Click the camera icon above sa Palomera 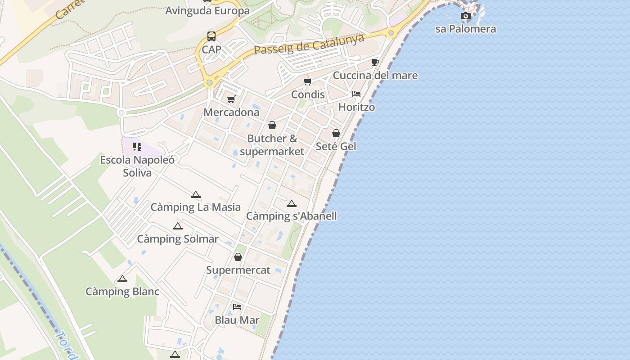466,16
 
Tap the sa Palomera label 466,29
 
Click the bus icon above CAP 211,36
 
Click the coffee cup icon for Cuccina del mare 375,62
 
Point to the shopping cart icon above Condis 308,81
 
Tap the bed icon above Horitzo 356,94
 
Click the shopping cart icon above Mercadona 231,99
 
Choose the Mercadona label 231,112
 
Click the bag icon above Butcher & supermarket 272,125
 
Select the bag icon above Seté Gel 336,133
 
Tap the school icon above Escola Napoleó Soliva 137,147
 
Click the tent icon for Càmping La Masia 195,194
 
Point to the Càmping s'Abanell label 292,216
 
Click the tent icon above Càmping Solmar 178,226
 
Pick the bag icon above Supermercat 238,257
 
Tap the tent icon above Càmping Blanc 122,279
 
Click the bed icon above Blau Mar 237,307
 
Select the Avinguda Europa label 207,10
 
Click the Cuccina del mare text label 375,75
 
